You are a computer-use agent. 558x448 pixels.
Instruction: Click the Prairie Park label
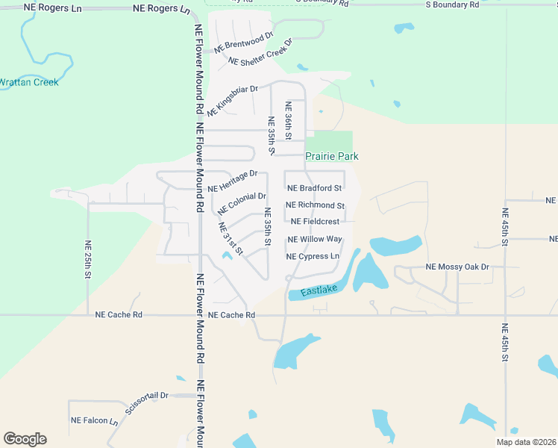(x=332, y=156)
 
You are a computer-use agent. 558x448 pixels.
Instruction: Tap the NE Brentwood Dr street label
(x=244, y=42)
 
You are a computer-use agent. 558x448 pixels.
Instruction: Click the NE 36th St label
(x=286, y=115)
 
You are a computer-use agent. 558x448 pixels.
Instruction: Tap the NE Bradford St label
(x=314, y=188)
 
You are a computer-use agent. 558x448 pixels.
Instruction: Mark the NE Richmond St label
(x=316, y=205)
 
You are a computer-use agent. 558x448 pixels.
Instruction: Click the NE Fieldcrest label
(x=315, y=221)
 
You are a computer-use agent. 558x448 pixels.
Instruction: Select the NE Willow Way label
(x=315, y=239)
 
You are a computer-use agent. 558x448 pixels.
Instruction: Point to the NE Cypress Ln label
(x=313, y=256)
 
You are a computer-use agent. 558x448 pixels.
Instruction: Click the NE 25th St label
(x=88, y=260)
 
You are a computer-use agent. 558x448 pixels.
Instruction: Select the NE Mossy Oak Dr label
(x=457, y=267)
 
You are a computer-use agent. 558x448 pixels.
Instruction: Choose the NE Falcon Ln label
(x=95, y=421)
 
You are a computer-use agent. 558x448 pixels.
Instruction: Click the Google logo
(x=25, y=438)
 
